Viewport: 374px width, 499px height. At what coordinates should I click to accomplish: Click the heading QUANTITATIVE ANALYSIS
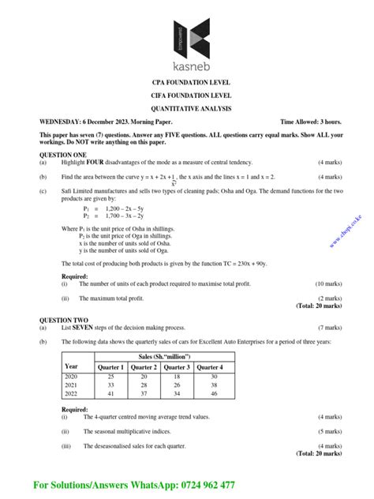pyautogui.click(x=186, y=108)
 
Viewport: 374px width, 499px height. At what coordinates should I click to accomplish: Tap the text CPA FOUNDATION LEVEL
pyautogui.click(x=186, y=83)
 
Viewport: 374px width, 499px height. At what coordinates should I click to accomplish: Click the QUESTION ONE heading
pyautogui.click(x=63, y=156)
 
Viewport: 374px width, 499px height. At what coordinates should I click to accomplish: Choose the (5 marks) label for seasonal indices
pyautogui.click(x=330, y=432)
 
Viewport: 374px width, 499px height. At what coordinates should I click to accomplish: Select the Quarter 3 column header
pyautogui.click(x=177, y=367)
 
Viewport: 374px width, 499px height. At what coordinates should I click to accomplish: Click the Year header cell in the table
pyautogui.click(x=72, y=367)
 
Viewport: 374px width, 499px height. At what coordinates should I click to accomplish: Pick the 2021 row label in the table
pyautogui.click(x=72, y=385)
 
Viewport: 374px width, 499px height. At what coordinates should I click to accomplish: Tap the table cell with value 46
pyautogui.click(x=209, y=392)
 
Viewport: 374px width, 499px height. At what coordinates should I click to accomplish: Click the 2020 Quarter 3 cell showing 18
pyautogui.click(x=177, y=377)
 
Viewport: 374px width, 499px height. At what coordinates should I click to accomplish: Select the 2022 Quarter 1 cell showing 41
pyautogui.click(x=110, y=392)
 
